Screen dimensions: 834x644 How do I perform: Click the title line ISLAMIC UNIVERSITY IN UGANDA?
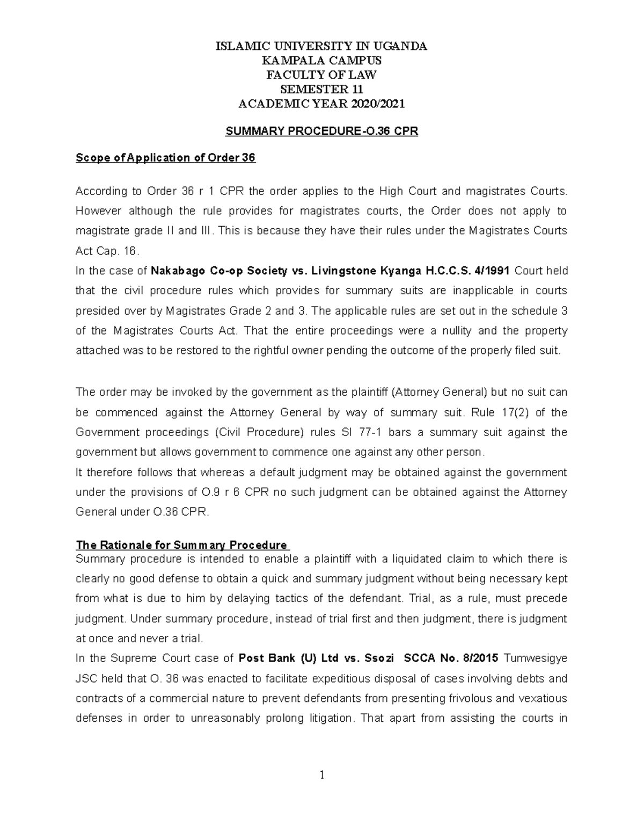[x=321, y=46]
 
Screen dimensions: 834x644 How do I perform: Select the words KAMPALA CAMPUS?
[x=321, y=60]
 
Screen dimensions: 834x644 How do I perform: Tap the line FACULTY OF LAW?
[x=321, y=75]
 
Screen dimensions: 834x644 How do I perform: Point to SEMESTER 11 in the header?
[x=321, y=89]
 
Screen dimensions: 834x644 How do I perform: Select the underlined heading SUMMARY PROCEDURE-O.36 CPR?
[x=321, y=130]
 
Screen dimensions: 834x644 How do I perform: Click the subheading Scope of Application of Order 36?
[x=165, y=158]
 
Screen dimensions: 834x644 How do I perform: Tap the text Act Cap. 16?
[x=107, y=251]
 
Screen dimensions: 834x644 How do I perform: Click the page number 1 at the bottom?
[x=321, y=775]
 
